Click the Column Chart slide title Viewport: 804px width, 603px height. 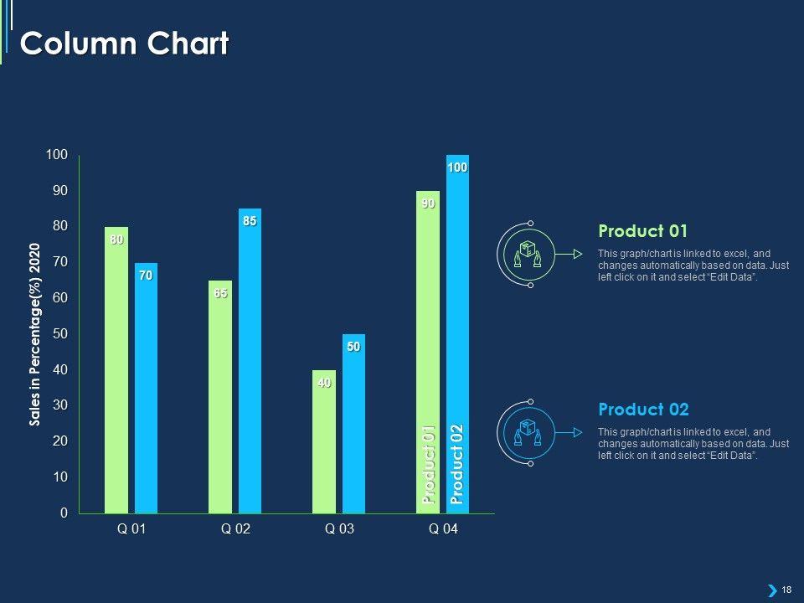(x=124, y=44)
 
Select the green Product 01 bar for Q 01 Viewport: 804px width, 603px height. (x=116, y=377)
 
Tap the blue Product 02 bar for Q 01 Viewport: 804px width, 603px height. (x=146, y=394)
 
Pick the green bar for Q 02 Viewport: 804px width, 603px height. (x=220, y=402)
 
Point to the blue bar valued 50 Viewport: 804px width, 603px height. (x=353, y=427)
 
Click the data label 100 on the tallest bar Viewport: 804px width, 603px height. (x=457, y=168)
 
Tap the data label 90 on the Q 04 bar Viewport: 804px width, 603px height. (x=428, y=204)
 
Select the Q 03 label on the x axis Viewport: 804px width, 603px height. (x=339, y=529)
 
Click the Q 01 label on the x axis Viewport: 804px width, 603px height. (x=131, y=529)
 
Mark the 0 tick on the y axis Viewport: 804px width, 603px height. (x=63, y=513)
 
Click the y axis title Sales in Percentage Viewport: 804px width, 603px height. (x=35, y=334)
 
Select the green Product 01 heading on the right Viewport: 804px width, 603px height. (x=642, y=231)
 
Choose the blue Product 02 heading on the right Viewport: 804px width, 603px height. (x=643, y=410)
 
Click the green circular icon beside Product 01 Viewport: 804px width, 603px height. (x=528, y=254)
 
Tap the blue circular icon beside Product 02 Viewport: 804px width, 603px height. (x=528, y=432)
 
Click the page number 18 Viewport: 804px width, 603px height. (x=786, y=590)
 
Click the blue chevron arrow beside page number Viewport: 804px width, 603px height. (x=771, y=590)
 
